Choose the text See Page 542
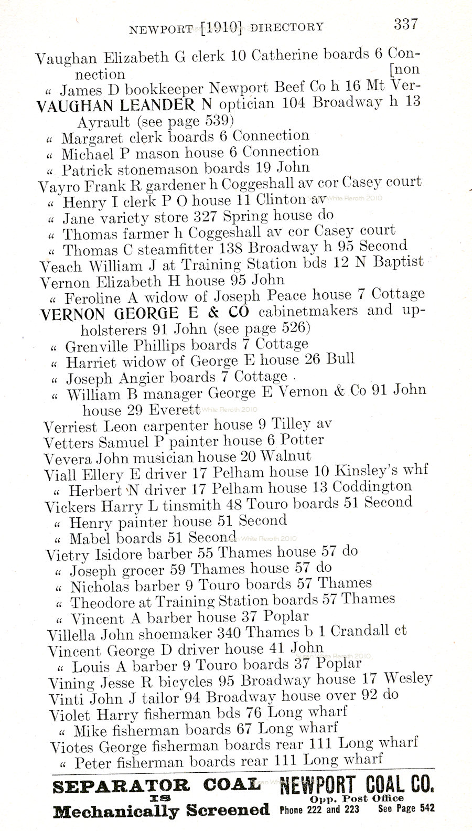coord(406,809)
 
